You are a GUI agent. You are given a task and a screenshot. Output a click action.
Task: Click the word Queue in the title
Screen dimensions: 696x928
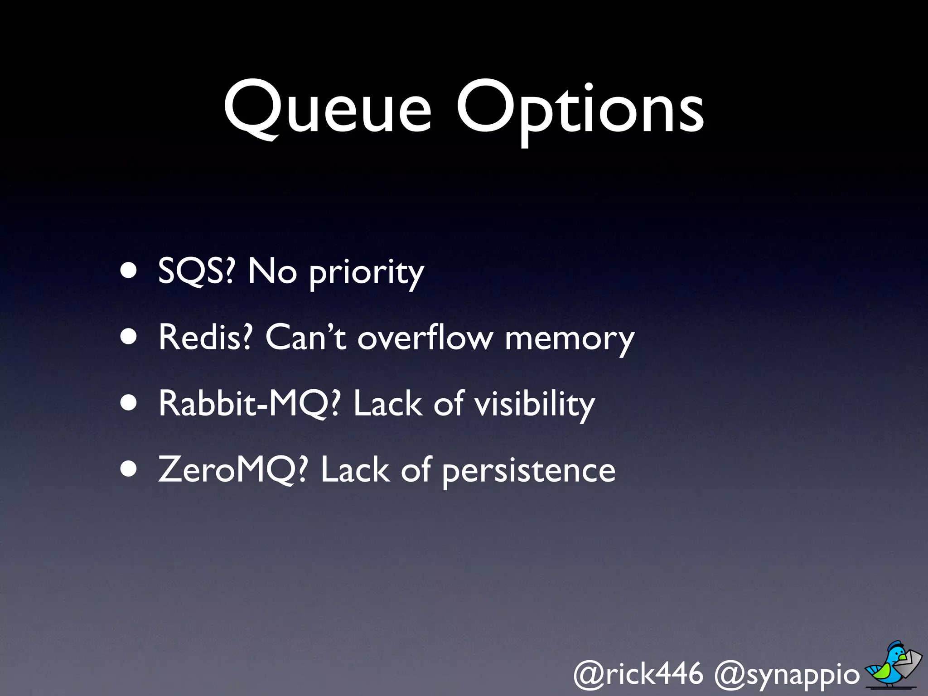[x=327, y=109]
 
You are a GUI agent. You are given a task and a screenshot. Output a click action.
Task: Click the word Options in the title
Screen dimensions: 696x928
[x=580, y=111]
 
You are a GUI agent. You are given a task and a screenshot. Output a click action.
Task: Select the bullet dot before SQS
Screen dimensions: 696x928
[x=129, y=271]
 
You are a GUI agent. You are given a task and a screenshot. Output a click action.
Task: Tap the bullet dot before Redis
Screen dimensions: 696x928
[x=129, y=337]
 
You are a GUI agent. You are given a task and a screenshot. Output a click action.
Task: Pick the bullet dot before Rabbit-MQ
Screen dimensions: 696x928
[x=129, y=403]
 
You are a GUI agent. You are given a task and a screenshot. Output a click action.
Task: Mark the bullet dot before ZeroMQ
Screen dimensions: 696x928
[x=129, y=469]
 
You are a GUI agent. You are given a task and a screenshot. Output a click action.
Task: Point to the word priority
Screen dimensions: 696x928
[x=366, y=273]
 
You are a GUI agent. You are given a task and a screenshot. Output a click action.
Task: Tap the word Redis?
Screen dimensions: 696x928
[x=205, y=337]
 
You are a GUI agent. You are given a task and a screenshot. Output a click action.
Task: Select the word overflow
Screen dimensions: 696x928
[x=425, y=337]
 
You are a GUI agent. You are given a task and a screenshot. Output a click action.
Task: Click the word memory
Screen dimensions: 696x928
[x=570, y=340]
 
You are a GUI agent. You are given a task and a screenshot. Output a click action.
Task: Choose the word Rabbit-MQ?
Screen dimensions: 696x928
[x=249, y=403]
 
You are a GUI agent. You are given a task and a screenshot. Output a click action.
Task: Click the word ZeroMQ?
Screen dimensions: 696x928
[x=233, y=470]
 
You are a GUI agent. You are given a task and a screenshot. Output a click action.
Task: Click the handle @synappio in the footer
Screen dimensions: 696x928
[x=787, y=675]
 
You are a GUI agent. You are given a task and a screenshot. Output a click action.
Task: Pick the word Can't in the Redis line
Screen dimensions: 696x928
[x=306, y=337]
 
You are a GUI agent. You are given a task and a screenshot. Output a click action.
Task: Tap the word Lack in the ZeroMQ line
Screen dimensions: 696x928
[x=355, y=470]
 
